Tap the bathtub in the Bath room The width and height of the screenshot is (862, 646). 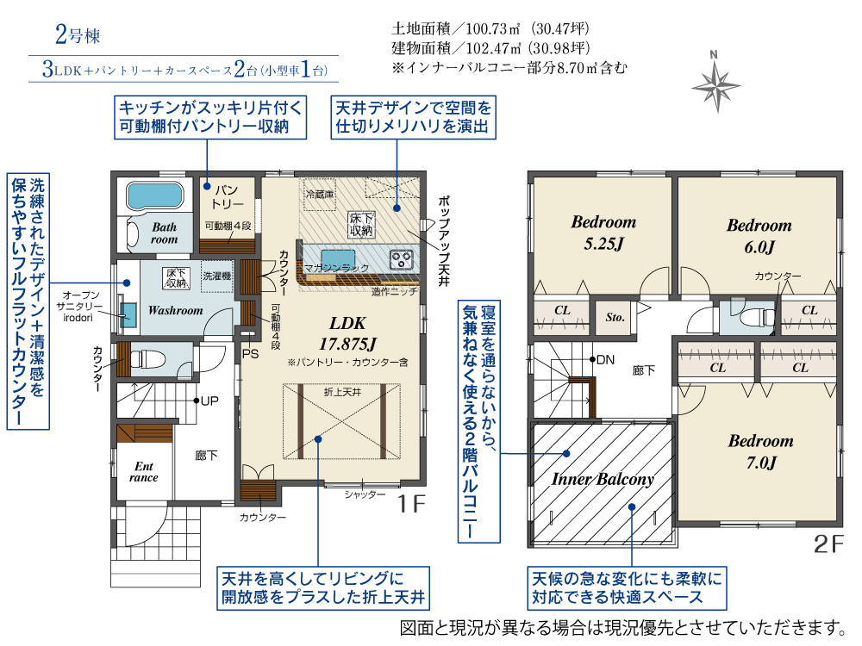click(x=154, y=196)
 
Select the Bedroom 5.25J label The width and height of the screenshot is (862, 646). click(x=603, y=233)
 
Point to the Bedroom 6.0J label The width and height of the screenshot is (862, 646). click(x=759, y=236)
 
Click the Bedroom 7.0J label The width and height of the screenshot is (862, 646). click(x=761, y=451)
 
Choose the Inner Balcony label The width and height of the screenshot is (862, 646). click(x=603, y=479)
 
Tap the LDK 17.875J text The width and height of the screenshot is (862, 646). click(x=347, y=333)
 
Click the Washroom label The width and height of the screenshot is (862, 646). click(x=175, y=310)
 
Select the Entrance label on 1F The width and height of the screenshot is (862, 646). click(x=143, y=472)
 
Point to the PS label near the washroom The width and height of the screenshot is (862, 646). click(x=250, y=354)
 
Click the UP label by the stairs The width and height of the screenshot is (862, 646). click(x=209, y=401)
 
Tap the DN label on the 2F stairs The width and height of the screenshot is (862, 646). click(x=605, y=360)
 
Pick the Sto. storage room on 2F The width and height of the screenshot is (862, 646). click(x=615, y=317)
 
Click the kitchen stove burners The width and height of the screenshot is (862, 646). click(x=401, y=259)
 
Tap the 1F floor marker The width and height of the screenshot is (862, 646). click(x=412, y=503)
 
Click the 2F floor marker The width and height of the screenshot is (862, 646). click(x=828, y=544)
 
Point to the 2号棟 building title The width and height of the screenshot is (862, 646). click(x=78, y=34)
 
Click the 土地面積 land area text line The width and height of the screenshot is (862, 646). click(x=490, y=28)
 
